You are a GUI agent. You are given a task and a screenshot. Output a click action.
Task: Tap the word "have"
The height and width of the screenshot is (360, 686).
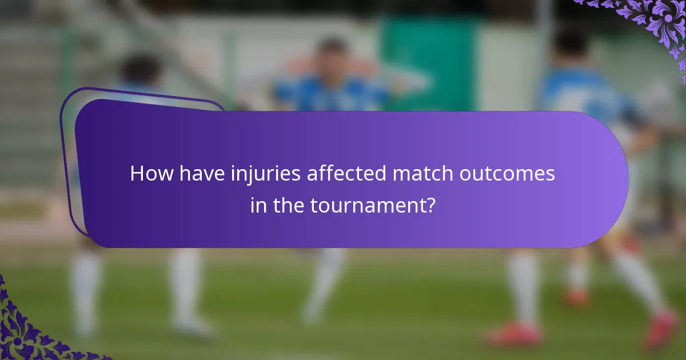pos(193,174)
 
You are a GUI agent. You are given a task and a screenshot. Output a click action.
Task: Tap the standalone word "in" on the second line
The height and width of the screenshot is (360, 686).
pos(258,206)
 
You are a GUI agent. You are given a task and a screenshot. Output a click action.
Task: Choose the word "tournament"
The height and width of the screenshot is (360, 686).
pos(367,206)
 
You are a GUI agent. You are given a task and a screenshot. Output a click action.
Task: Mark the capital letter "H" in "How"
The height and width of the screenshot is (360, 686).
pos(136,174)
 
